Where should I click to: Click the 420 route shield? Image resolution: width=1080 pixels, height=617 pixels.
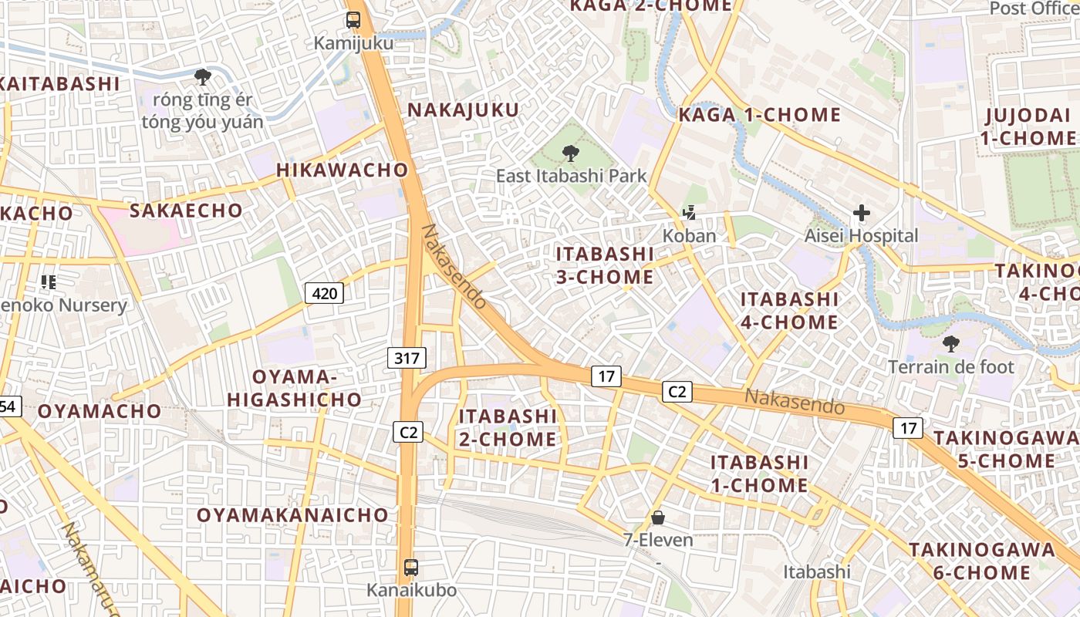325,293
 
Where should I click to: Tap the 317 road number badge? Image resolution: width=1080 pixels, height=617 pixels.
407,357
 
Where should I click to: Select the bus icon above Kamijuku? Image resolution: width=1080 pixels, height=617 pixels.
353,20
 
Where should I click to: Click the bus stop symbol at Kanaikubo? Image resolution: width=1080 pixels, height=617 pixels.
411,568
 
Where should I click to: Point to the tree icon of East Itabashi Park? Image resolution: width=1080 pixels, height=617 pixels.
571,153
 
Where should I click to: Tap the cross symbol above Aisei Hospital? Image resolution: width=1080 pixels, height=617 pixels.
862,213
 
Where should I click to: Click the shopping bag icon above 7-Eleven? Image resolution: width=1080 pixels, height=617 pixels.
658,517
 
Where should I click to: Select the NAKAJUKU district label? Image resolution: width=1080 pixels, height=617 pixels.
464,110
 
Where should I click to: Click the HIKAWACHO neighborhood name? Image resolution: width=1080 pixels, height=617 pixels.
343,170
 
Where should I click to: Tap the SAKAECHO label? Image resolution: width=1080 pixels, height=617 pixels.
186,210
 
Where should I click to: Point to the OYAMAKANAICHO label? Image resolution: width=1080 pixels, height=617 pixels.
292,514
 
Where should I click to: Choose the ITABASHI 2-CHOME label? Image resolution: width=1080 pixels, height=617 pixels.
508,427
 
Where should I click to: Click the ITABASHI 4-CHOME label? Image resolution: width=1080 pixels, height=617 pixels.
789,310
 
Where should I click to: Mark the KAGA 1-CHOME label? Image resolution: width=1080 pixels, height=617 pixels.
759,115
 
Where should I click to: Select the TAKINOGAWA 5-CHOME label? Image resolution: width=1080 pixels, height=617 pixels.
994,449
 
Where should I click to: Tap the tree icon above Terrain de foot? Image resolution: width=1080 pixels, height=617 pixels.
950,343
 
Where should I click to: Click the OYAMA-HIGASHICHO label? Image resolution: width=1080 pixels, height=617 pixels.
294,388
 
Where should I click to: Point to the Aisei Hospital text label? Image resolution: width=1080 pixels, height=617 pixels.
862,236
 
